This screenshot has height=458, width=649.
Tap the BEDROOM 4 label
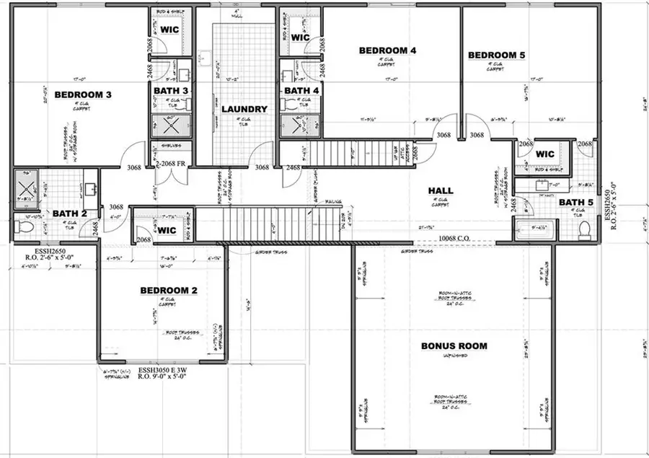point(387,50)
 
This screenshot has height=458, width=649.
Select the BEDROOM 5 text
point(497,56)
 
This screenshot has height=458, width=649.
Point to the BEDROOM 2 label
point(168,290)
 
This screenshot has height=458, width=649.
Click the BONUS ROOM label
point(454,346)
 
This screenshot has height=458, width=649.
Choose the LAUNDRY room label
point(244,110)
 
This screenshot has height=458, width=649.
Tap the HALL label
point(441,190)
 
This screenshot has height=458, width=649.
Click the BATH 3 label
point(171,90)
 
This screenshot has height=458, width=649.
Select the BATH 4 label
point(301,90)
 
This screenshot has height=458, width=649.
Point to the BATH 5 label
point(575,203)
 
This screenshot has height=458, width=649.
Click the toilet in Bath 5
point(585,230)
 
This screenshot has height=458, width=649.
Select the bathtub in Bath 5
point(537,232)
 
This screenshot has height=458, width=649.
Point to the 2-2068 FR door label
point(171,164)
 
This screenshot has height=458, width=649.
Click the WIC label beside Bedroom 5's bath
point(545,154)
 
